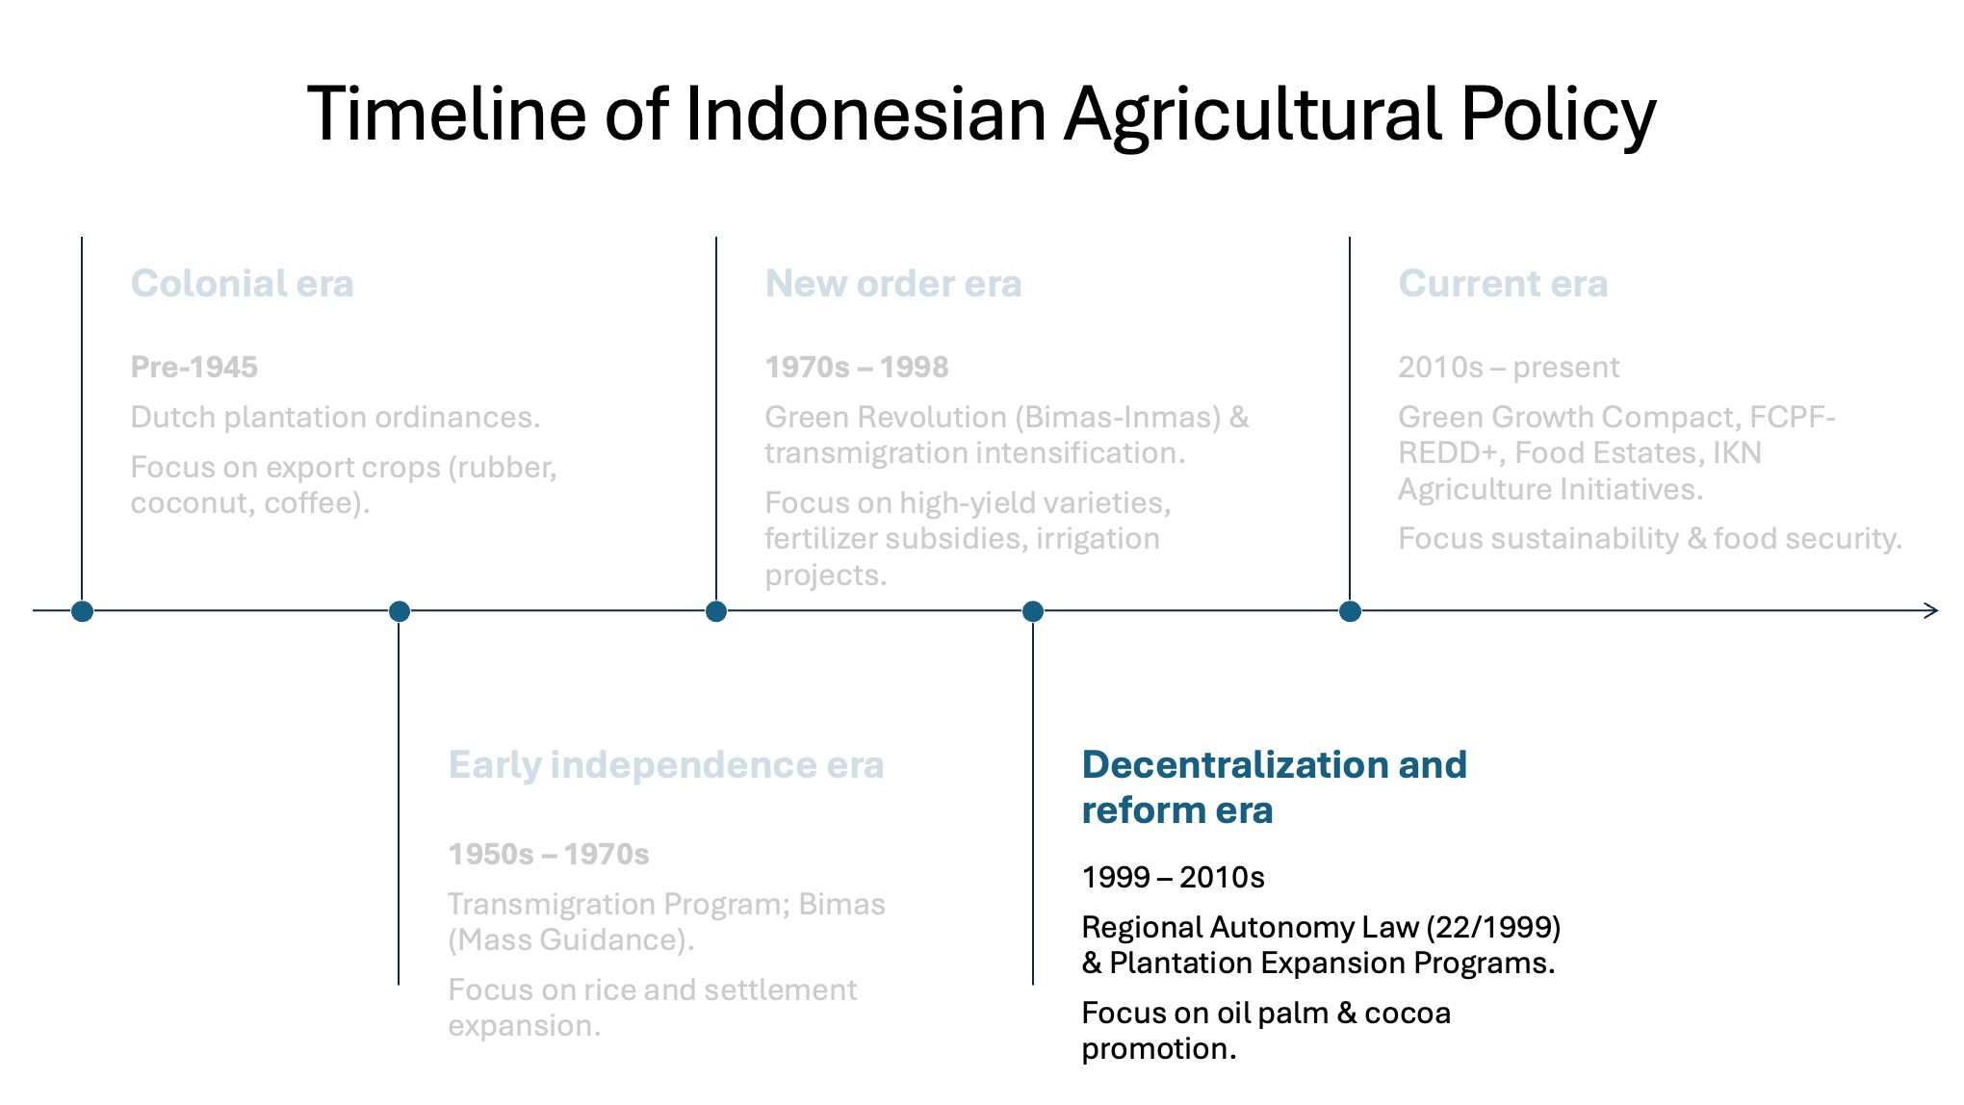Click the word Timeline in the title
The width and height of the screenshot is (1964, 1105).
[447, 114]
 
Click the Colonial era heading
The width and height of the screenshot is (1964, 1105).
[243, 283]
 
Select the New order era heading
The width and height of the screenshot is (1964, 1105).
[893, 283]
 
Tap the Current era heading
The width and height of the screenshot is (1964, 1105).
[1503, 283]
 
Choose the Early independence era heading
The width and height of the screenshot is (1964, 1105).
[666, 765]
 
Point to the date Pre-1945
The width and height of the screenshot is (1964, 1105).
[194, 367]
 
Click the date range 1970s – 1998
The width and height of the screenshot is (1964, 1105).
[857, 367]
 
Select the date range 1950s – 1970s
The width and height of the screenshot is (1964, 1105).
[549, 854]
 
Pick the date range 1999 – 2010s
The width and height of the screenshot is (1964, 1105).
[1173, 877]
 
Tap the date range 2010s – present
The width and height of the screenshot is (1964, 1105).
[1509, 367]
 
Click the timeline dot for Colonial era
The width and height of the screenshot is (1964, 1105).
[82, 611]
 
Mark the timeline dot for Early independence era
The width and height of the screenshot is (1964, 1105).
[399, 611]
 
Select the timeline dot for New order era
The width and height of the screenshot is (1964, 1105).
[716, 611]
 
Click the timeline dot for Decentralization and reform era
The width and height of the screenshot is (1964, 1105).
[1033, 611]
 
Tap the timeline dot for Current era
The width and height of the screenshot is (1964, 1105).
[1350, 611]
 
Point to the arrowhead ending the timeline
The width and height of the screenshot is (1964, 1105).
[1936, 610]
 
